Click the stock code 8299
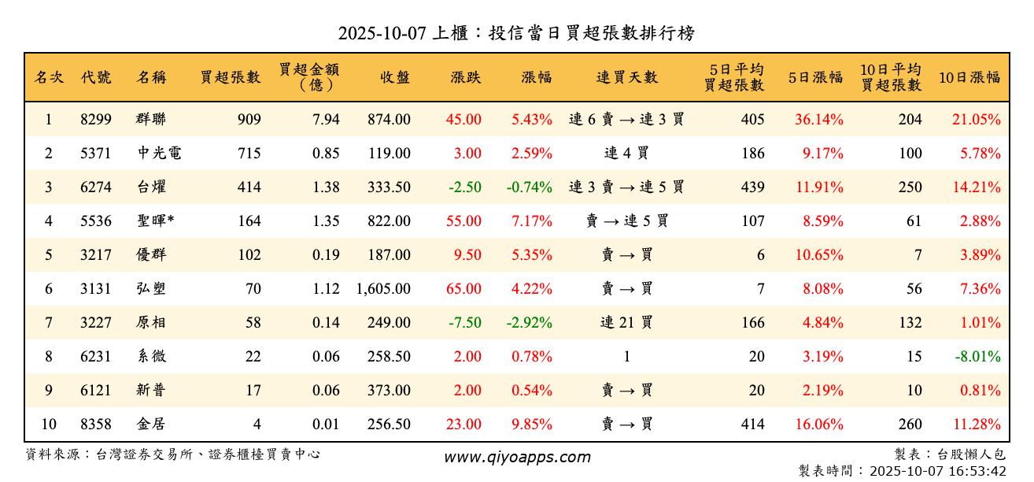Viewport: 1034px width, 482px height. (96, 120)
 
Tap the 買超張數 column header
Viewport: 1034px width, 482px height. (230, 77)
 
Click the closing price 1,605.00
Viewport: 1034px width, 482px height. (383, 289)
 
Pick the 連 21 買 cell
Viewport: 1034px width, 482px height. (626, 323)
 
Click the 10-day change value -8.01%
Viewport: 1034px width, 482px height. (977, 357)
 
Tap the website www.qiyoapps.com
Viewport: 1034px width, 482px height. (516, 458)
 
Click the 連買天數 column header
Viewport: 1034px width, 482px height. (626, 77)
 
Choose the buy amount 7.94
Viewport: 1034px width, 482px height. (326, 120)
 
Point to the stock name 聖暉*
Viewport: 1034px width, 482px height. (155, 221)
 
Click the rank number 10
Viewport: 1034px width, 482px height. (49, 425)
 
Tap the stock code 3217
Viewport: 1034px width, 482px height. (96, 255)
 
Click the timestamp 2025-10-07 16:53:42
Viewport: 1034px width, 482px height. (938, 472)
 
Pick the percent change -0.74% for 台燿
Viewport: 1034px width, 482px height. (530, 187)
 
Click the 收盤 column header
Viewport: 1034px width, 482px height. (394, 77)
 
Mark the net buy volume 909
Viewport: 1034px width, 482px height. (249, 120)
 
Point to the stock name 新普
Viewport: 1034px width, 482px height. (151, 391)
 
